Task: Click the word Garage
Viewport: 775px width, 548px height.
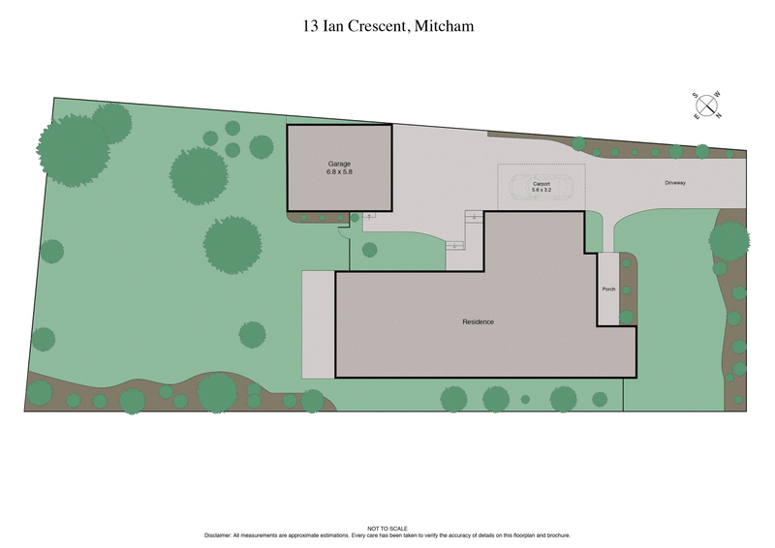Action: point(339,165)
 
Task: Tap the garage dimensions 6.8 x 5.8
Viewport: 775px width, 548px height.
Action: point(339,172)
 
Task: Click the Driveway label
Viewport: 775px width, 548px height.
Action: point(676,181)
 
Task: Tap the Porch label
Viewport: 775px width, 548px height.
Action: point(608,289)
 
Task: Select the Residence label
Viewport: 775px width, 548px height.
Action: point(478,321)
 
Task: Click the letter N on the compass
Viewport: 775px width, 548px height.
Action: point(719,115)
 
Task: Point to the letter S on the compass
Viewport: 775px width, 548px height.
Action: point(696,95)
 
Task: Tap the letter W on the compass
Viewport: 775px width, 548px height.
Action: point(718,94)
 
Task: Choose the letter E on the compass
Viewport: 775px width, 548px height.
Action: point(696,115)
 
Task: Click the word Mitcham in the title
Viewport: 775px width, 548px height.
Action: point(444,27)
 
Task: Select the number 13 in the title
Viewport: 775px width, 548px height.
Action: point(310,27)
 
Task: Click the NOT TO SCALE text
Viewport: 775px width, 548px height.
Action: point(387,529)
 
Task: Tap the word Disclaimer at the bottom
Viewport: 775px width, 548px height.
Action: point(221,535)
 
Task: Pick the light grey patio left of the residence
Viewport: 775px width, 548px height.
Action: point(318,323)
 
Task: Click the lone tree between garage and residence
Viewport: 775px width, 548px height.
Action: point(369,250)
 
